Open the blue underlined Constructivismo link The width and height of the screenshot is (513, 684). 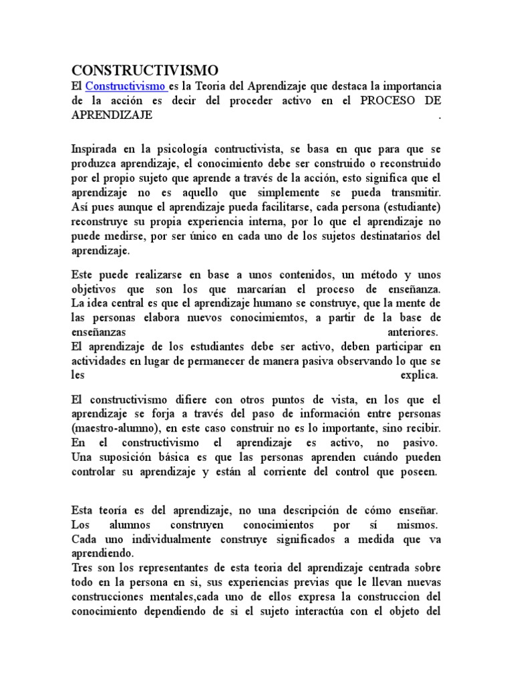tap(126, 88)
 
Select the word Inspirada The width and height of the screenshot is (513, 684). tap(98, 149)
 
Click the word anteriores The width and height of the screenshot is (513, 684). tap(413, 332)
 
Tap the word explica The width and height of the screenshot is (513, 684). tap(419, 375)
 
